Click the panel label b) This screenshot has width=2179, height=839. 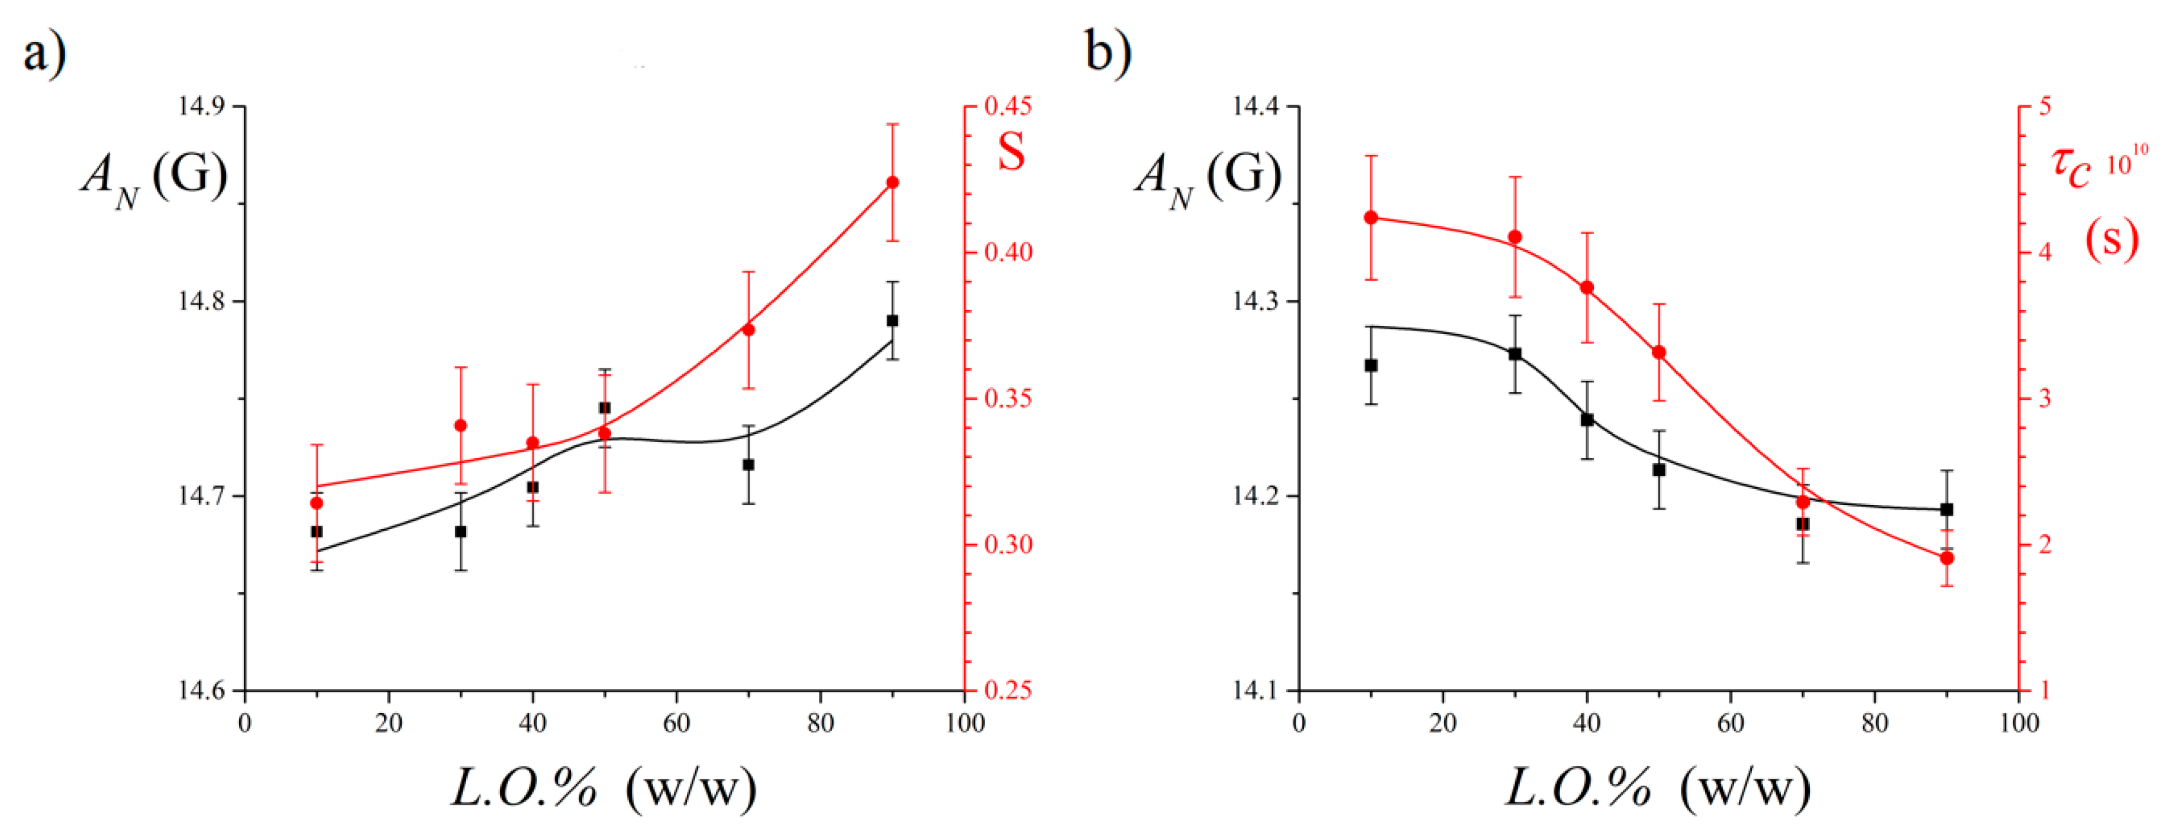click(1108, 53)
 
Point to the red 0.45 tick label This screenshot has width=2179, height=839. click(1008, 106)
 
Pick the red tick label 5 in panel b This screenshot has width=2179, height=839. click(2045, 106)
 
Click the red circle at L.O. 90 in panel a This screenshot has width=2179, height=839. click(892, 183)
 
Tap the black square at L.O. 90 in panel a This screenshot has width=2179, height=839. click(892, 320)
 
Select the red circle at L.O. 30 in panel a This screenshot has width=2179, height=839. click(461, 426)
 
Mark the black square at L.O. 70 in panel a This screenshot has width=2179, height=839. click(748, 465)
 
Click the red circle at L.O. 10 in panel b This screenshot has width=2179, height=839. click(1371, 218)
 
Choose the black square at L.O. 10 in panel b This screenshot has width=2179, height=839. click(1371, 365)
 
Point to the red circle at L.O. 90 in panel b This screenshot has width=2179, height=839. click(1947, 558)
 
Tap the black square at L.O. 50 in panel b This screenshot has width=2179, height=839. click(1659, 469)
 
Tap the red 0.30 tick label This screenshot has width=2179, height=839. click(1008, 545)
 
